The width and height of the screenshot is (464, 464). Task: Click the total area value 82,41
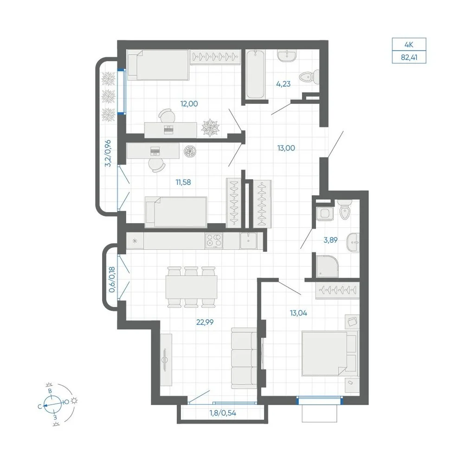click(x=409, y=57)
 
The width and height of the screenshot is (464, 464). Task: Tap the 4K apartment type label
click(x=409, y=45)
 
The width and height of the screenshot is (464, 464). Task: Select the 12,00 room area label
click(x=189, y=104)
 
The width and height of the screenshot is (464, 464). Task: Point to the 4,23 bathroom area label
click(x=283, y=84)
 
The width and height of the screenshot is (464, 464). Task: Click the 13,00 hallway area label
click(x=286, y=148)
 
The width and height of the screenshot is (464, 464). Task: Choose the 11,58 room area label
click(x=183, y=182)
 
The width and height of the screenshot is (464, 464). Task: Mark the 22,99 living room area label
click(x=205, y=322)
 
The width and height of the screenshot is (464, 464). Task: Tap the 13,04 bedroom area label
click(x=298, y=313)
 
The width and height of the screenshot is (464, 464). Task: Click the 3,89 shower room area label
click(x=330, y=240)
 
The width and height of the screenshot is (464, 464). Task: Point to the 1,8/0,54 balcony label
click(x=223, y=413)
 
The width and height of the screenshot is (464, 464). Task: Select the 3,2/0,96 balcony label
click(x=108, y=153)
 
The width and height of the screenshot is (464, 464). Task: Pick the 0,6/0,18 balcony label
click(x=112, y=280)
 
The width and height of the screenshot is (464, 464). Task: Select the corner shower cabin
click(x=327, y=266)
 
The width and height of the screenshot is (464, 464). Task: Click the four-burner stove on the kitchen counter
click(x=214, y=241)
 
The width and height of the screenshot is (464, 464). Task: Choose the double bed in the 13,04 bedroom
click(x=329, y=354)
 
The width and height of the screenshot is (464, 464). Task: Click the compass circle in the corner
click(x=53, y=404)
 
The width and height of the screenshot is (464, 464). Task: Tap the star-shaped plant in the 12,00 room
click(x=211, y=128)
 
